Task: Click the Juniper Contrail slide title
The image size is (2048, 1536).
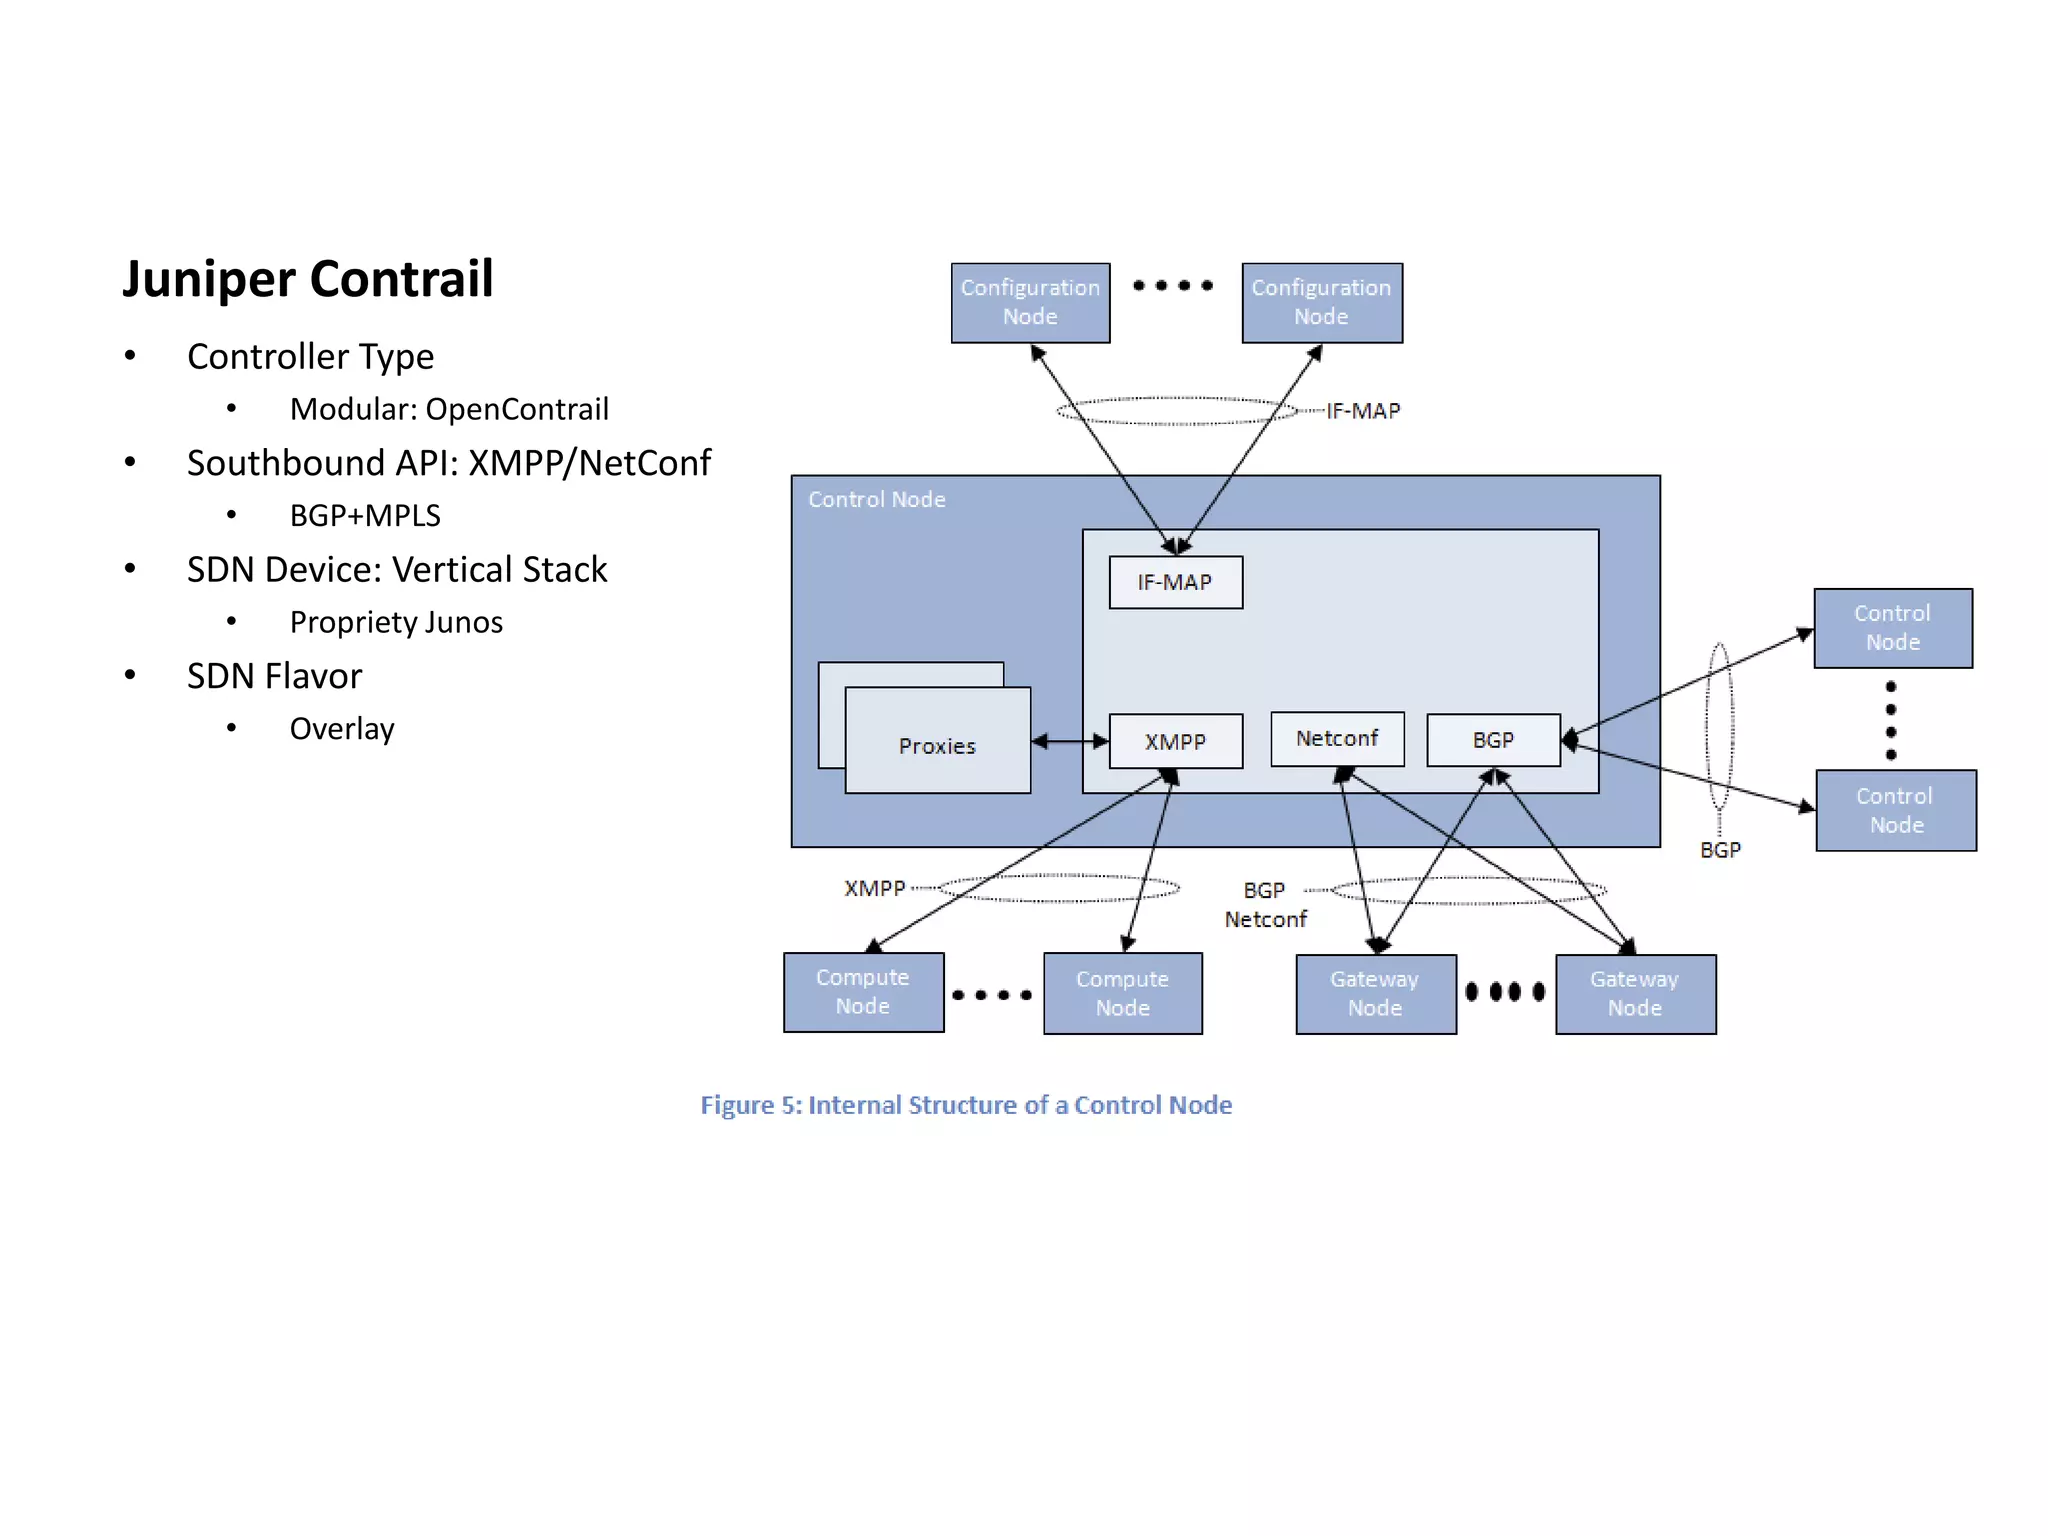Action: (x=307, y=279)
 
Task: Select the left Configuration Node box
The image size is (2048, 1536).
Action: (x=1030, y=302)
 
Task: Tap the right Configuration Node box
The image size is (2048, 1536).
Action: (x=1321, y=302)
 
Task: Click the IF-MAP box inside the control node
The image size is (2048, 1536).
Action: (x=1175, y=582)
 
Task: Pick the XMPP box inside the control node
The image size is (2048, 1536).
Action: (x=1175, y=741)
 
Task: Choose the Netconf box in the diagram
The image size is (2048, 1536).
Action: (x=1337, y=739)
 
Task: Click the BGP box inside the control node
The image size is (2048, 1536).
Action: (x=1493, y=740)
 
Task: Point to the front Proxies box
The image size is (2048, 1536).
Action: (x=937, y=745)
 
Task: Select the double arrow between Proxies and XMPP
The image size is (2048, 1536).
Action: (x=1069, y=741)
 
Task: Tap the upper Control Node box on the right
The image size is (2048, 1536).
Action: (x=1892, y=628)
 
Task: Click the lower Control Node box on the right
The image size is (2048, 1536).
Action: (x=1895, y=810)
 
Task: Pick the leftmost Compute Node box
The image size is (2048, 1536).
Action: (x=863, y=992)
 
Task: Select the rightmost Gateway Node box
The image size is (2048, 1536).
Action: (x=1635, y=994)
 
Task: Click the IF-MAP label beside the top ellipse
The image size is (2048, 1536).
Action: (x=1363, y=411)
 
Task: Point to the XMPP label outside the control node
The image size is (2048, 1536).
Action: (x=874, y=888)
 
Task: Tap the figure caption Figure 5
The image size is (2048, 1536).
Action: (x=965, y=1105)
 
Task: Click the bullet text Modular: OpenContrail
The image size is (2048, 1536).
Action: (x=449, y=409)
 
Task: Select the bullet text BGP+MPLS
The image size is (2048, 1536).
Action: (x=365, y=515)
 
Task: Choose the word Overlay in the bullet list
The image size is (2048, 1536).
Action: (x=342, y=728)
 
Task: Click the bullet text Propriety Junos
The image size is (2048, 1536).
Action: (x=396, y=622)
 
